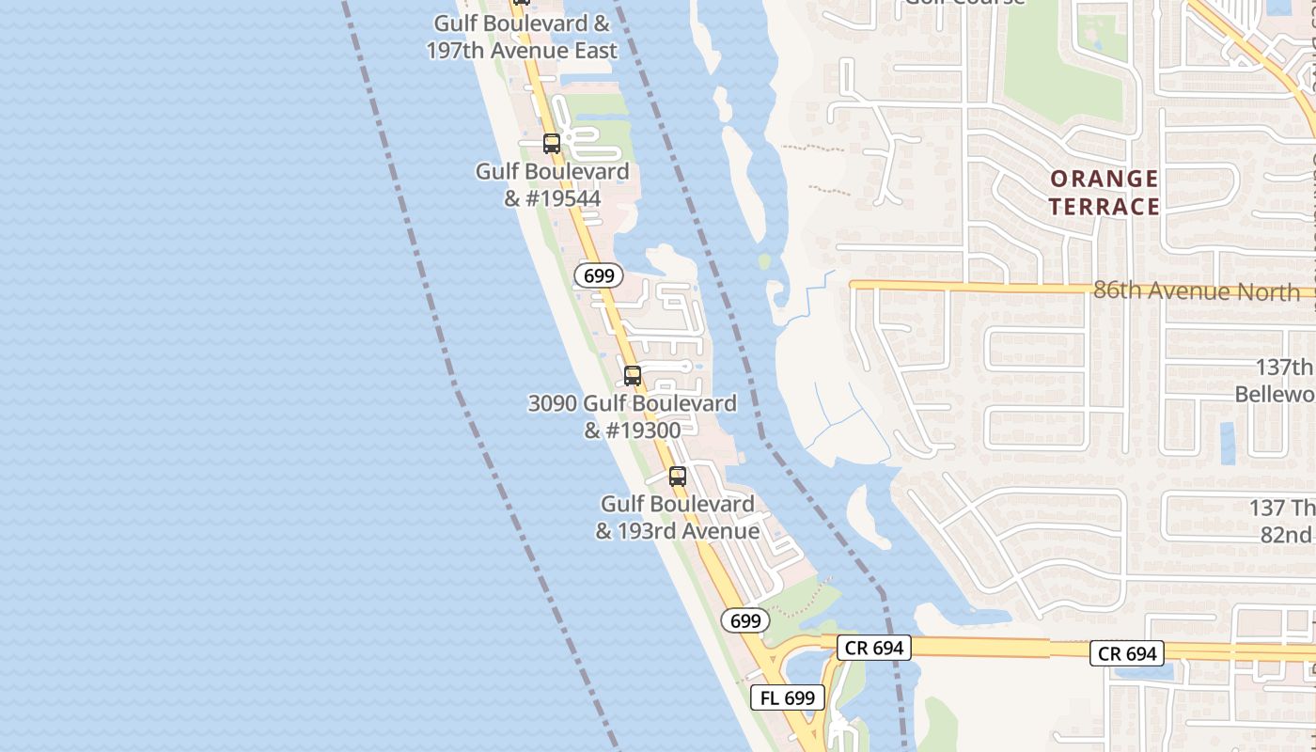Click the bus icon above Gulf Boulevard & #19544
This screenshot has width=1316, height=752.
[552, 144]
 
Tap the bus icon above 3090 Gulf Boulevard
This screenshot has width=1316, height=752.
[633, 376]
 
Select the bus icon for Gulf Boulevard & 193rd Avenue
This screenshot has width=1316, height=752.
[678, 477]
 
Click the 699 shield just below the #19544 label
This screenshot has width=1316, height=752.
[599, 275]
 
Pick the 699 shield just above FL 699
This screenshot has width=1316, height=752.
[745, 620]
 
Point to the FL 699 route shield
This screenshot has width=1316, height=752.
[788, 697]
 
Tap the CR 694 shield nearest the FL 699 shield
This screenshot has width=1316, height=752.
[874, 647]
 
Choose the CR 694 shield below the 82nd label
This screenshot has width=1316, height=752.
[1127, 653]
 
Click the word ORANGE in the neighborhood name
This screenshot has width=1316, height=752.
[1104, 179]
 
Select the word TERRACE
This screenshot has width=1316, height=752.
[1104, 207]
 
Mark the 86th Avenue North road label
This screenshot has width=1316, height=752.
[1197, 290]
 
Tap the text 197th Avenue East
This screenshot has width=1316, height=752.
[522, 51]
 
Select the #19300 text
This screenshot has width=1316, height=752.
[632, 431]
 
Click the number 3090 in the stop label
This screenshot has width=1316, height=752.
[552, 404]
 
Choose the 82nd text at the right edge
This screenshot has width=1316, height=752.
[1285, 535]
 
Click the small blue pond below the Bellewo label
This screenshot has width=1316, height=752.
[1227, 443]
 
